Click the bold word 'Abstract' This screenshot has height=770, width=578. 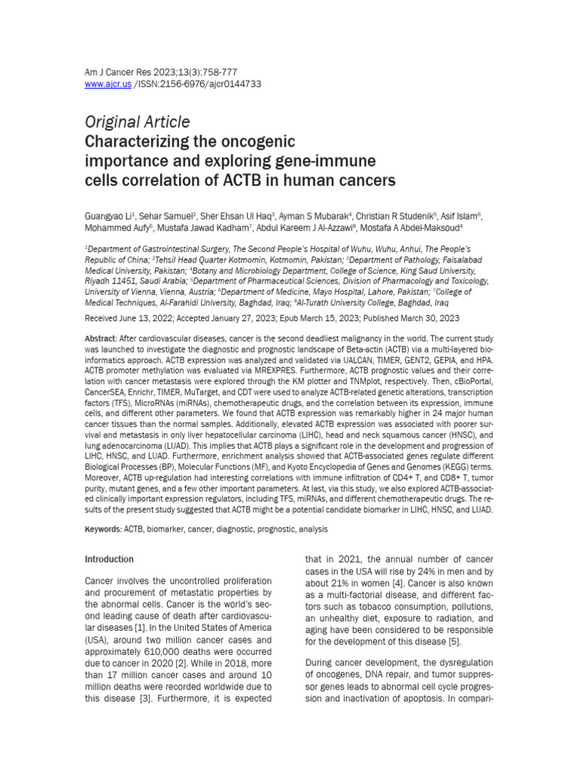click(x=100, y=340)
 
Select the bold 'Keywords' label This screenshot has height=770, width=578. click(x=104, y=529)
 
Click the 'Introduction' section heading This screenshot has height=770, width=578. click(x=109, y=559)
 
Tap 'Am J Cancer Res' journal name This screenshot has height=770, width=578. click(x=117, y=72)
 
